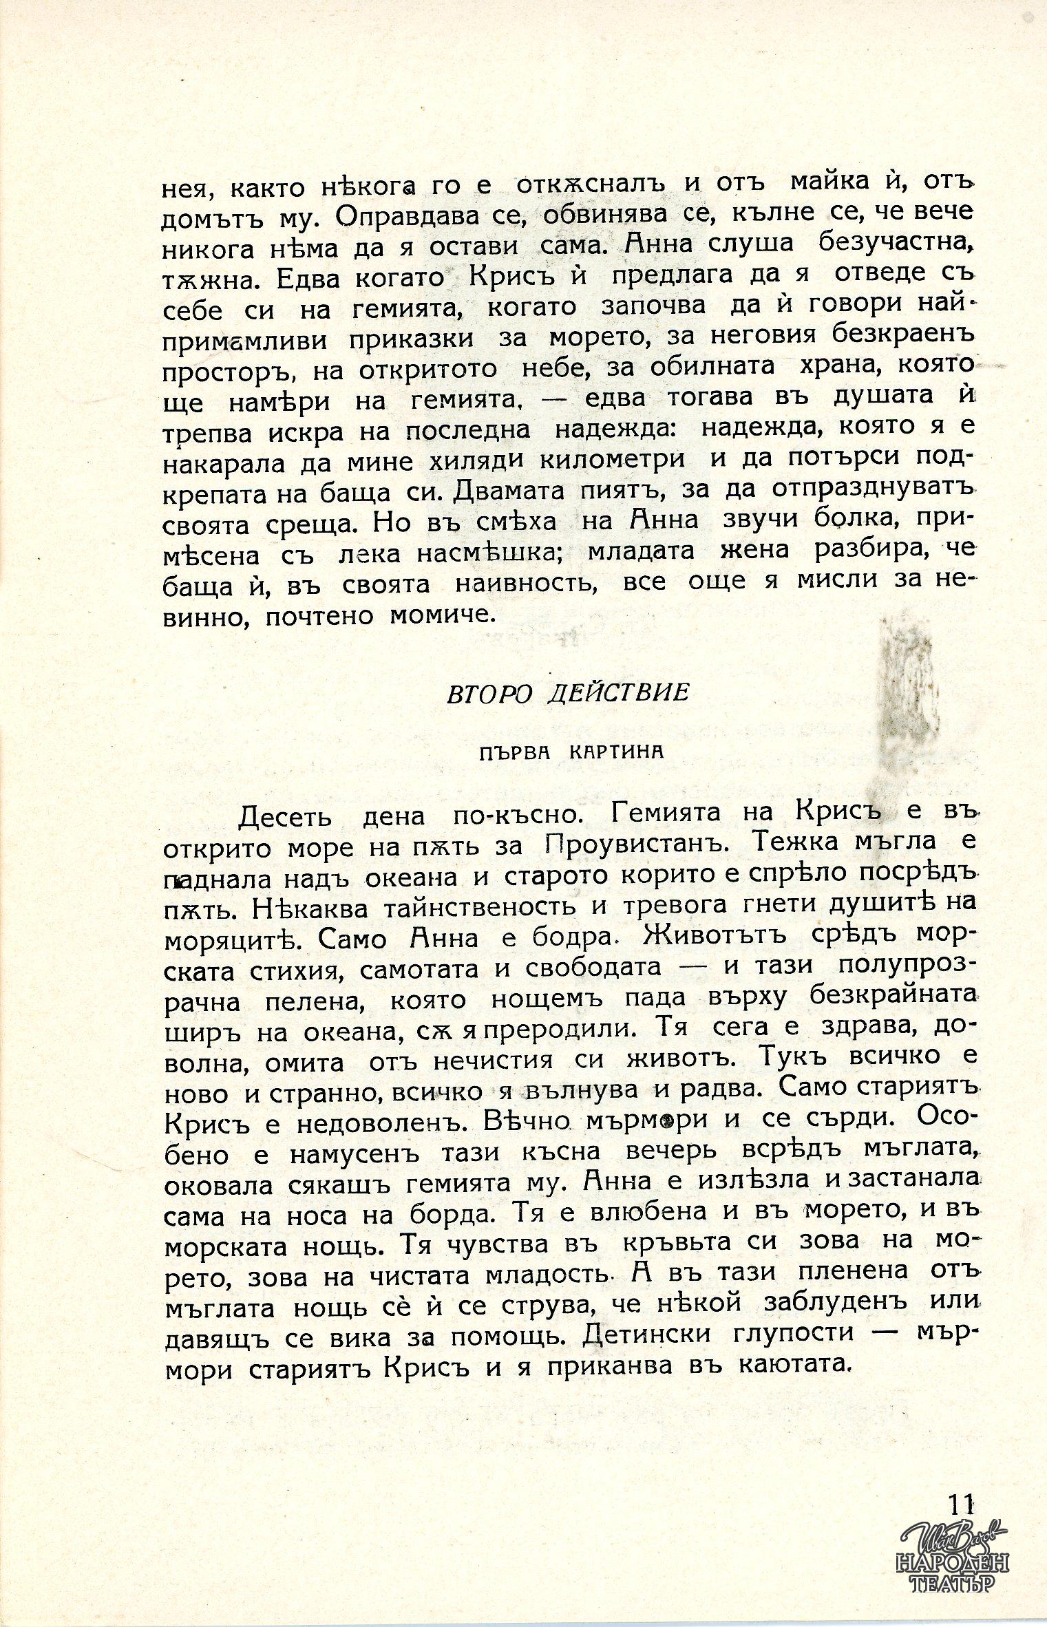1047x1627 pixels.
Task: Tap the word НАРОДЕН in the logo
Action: [x=952, y=1560]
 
